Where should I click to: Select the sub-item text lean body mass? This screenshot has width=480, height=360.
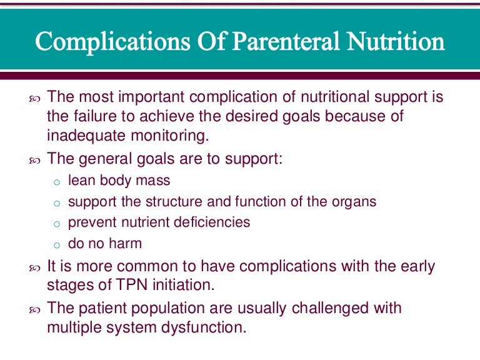[119, 182]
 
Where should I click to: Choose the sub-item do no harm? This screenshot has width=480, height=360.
[105, 243]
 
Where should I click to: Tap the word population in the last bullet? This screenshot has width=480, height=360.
[162, 308]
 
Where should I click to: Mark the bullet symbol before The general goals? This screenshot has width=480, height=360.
[34, 161]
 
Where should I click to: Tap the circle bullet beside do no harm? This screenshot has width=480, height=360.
[56, 244]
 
